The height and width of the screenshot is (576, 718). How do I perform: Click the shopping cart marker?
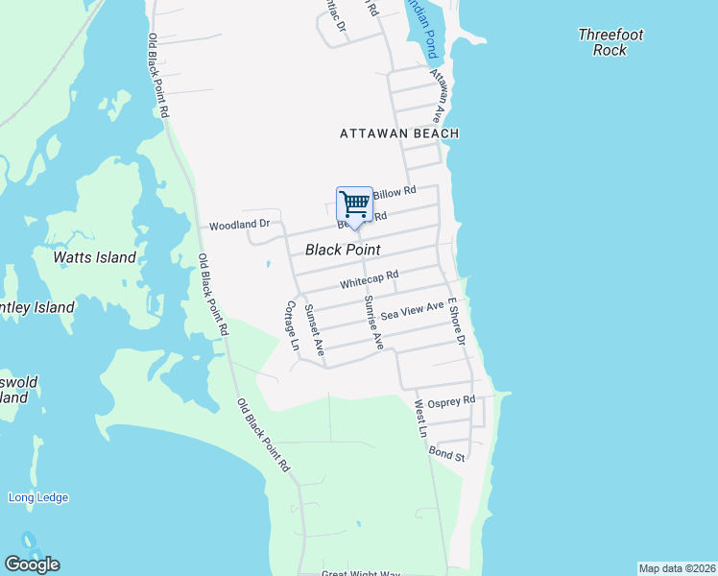point(354,204)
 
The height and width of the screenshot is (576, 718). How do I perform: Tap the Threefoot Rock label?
point(610,42)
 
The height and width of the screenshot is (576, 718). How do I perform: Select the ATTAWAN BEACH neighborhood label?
point(399,134)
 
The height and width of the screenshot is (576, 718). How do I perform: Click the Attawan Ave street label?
point(440,95)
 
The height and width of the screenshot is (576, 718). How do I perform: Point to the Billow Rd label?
point(395,192)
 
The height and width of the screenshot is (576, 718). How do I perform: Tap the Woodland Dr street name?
point(241,225)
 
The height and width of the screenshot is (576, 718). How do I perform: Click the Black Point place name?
point(343,250)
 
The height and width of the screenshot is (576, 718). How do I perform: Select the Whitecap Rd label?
point(369,279)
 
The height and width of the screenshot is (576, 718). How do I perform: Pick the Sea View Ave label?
point(412,310)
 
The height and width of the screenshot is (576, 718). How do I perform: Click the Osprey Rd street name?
point(451,401)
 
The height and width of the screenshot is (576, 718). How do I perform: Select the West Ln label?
point(419,420)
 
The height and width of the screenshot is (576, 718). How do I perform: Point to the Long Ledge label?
point(38,497)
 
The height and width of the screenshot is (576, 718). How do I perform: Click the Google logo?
point(32,564)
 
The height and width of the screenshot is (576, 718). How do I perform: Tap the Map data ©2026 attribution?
point(677,567)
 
